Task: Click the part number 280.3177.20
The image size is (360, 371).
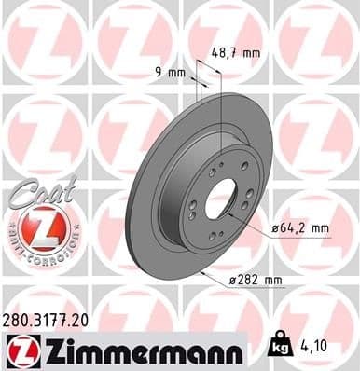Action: [48, 319]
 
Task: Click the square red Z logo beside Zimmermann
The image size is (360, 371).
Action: [20, 350]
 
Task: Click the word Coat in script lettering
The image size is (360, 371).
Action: [35, 192]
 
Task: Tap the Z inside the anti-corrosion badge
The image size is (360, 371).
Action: [35, 227]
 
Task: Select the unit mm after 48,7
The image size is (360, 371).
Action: [251, 53]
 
